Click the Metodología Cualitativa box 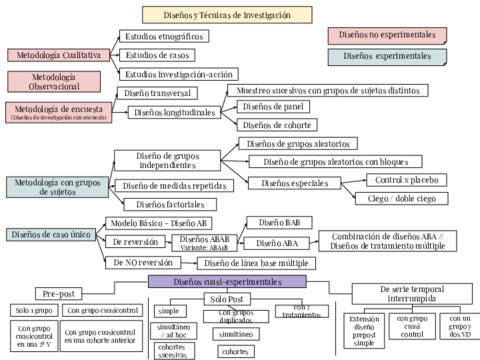(x=55, y=55)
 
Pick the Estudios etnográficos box (x=163, y=36)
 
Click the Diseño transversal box (x=159, y=93)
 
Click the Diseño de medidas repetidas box (x=172, y=185)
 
